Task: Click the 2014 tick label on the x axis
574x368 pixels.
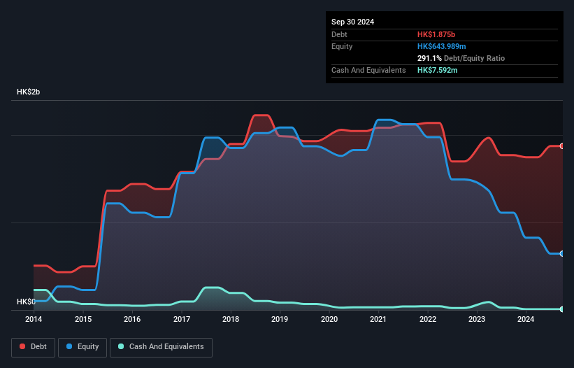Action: click(34, 319)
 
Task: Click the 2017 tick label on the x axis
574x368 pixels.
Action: click(182, 319)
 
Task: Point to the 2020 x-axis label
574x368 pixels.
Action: click(329, 319)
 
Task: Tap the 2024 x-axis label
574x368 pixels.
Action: click(526, 319)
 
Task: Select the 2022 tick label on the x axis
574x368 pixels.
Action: click(428, 319)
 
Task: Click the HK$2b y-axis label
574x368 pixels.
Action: click(30, 92)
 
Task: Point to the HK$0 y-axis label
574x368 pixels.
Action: click(26, 302)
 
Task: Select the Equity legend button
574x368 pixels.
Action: click(82, 346)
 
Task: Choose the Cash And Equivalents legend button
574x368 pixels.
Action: click(161, 346)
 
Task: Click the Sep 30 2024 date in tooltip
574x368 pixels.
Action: click(352, 22)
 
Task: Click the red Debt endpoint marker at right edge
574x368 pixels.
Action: click(562, 146)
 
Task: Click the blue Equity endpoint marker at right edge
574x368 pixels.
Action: click(562, 253)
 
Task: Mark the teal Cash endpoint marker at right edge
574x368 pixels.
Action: click(562, 309)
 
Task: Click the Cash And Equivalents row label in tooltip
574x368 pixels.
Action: click(368, 70)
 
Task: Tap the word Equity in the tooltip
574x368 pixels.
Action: click(342, 46)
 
